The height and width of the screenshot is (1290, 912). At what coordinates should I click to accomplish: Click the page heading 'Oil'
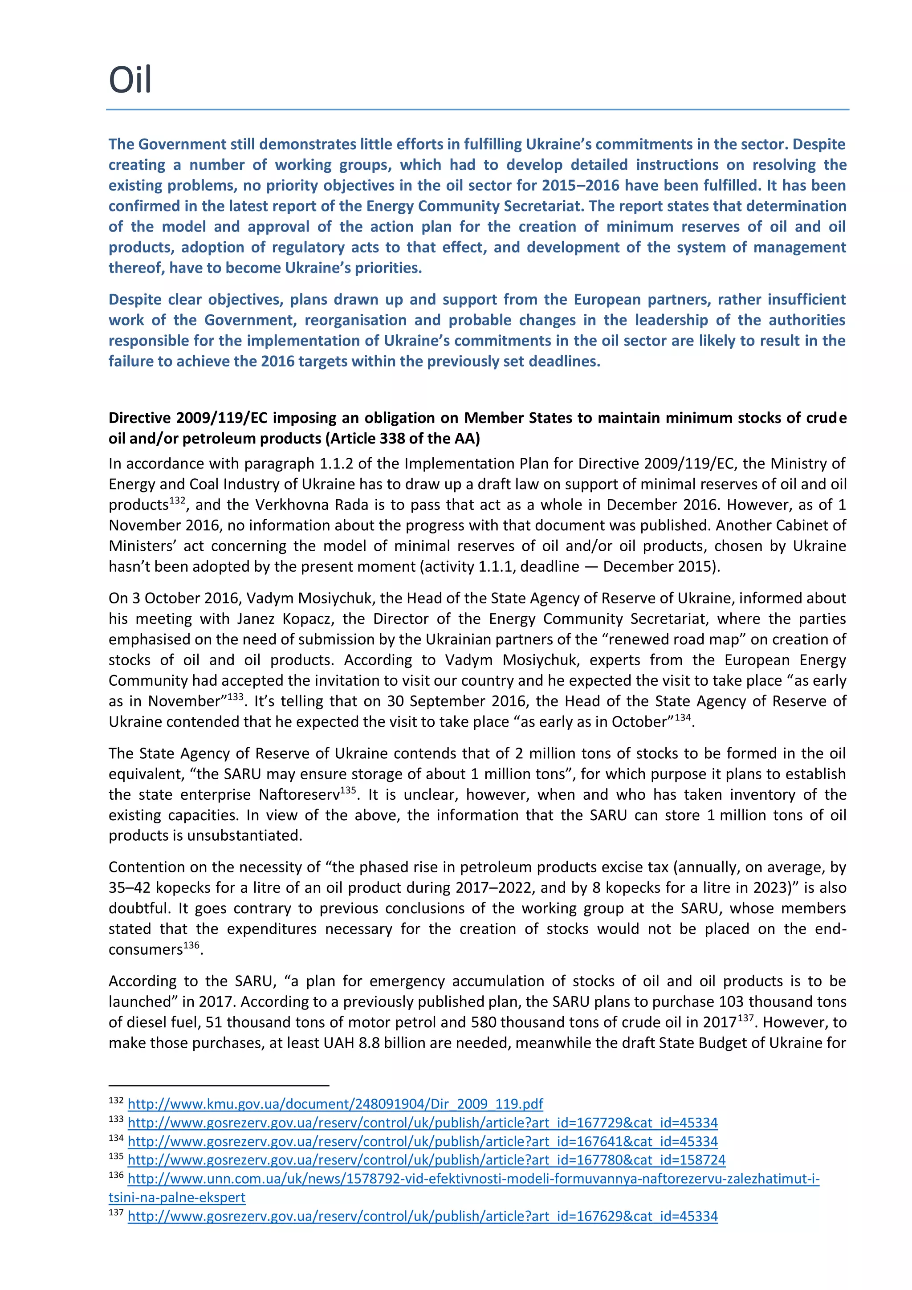coord(130,80)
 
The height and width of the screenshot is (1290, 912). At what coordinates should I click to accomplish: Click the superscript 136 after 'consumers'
coord(191,944)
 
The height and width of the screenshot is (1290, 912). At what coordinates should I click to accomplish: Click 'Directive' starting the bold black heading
coord(140,417)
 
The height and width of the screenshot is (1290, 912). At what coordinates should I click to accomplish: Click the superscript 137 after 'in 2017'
coord(745,1017)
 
